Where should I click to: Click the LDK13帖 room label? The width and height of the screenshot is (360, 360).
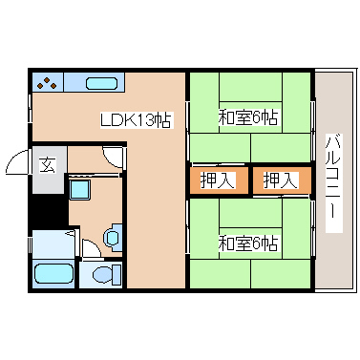point(137,120)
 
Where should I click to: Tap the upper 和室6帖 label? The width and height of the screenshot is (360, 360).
point(247,118)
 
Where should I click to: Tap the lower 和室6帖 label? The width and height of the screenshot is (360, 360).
point(247,243)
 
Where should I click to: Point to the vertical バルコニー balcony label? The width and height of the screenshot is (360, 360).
point(332,181)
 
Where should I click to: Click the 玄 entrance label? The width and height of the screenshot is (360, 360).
point(47,163)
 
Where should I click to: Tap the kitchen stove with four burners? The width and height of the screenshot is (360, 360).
point(49,83)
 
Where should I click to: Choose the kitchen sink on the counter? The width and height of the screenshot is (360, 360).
point(100,83)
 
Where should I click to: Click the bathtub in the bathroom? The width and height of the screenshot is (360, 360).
point(52,275)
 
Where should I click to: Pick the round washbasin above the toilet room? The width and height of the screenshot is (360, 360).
point(112,235)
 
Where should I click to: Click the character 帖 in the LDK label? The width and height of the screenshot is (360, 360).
point(164,120)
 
